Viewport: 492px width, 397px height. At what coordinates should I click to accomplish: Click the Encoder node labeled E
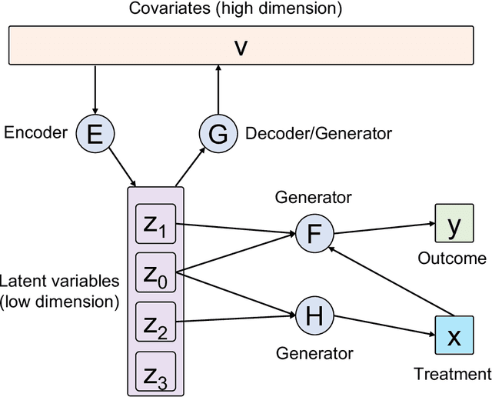coord(95,135)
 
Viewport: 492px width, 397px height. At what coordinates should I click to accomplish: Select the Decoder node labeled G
coord(218,135)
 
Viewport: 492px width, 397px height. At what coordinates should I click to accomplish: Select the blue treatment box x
coord(454,336)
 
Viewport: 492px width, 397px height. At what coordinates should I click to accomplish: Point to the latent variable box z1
coord(156,225)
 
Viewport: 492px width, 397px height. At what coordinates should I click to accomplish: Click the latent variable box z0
coord(156,273)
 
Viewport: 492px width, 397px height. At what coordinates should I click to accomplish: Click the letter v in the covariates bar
coord(241,46)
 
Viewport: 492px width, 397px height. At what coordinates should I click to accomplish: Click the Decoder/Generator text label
coord(318,134)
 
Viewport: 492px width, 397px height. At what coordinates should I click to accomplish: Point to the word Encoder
coord(36,132)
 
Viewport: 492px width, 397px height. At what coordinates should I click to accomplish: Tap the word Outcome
coord(452,259)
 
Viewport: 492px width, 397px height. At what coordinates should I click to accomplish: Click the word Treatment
coord(452,375)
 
